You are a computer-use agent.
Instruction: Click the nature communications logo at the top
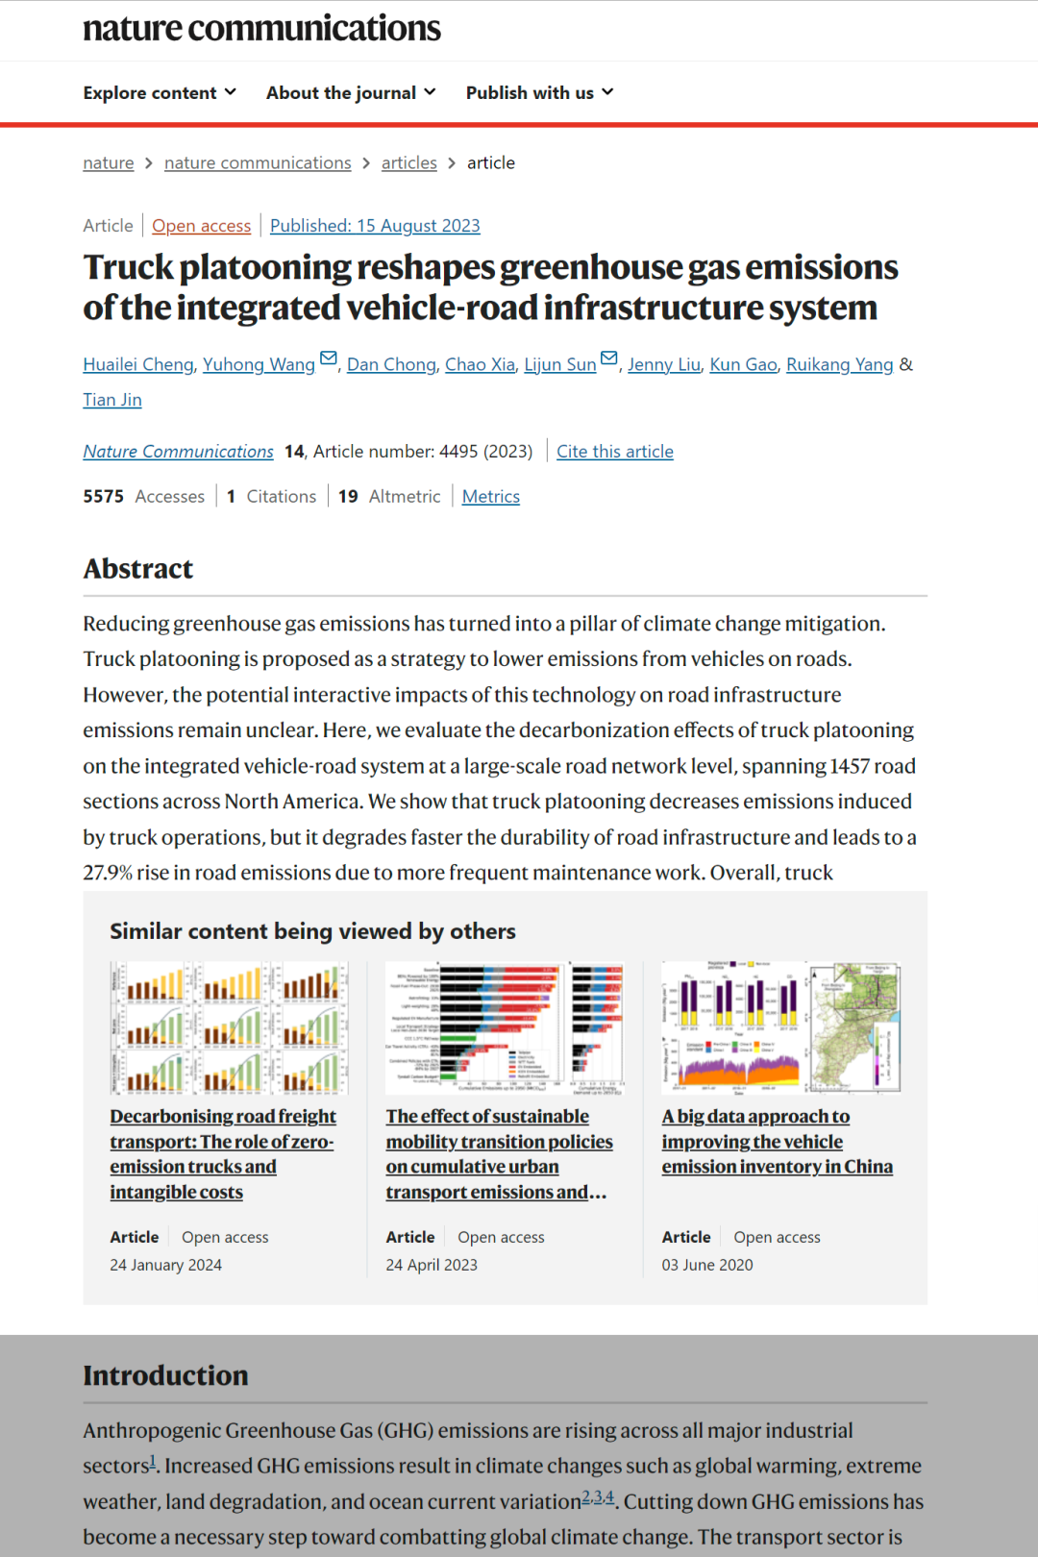(x=261, y=29)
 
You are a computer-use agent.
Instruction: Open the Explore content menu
(x=159, y=93)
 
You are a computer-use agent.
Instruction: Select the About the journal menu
(x=351, y=93)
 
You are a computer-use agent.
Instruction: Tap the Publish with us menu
(x=539, y=93)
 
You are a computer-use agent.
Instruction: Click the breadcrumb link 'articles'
(x=408, y=163)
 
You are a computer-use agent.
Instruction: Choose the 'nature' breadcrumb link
(x=108, y=163)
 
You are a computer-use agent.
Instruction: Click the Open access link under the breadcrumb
(x=201, y=226)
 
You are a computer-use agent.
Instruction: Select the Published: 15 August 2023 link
(x=375, y=226)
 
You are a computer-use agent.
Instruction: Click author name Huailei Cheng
(x=138, y=365)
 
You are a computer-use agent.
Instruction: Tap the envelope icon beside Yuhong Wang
(x=329, y=359)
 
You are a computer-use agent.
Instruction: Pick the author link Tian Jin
(x=111, y=400)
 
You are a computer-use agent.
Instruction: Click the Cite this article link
(x=615, y=452)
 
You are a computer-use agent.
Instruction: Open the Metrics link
(x=490, y=497)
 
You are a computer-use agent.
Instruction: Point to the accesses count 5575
(x=104, y=497)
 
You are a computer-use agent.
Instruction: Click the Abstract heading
(x=138, y=569)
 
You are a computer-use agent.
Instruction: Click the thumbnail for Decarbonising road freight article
(x=229, y=1027)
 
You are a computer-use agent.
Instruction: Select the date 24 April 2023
(x=432, y=1265)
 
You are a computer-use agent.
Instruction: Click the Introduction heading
(x=165, y=1375)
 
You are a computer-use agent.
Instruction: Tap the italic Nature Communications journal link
(x=178, y=452)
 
